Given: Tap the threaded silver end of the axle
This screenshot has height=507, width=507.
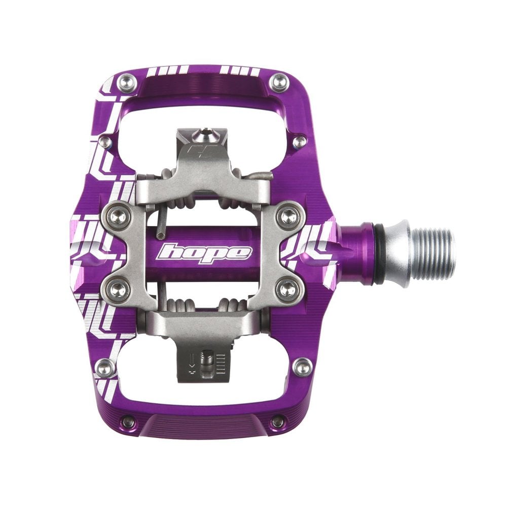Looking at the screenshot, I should [x=437, y=252].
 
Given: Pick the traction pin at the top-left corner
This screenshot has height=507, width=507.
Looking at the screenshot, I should [x=126, y=81].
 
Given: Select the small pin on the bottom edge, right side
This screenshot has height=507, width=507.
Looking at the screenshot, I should [x=277, y=421].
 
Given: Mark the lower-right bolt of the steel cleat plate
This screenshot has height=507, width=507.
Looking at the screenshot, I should [x=288, y=290].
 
